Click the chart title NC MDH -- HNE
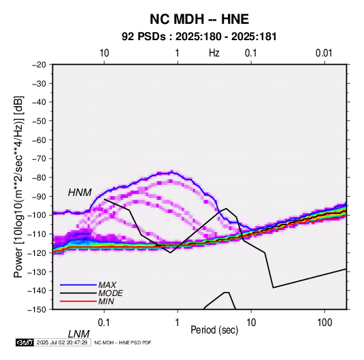(x=199, y=19)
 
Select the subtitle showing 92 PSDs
(x=199, y=37)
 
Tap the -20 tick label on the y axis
(x=39, y=65)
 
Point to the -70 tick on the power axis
(x=39, y=159)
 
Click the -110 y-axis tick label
(x=37, y=234)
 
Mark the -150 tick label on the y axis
(x=37, y=310)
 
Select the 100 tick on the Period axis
(x=325, y=323)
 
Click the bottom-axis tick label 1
(x=178, y=323)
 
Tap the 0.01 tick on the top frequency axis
(x=324, y=53)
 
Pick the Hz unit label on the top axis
(x=214, y=53)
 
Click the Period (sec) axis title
(x=214, y=330)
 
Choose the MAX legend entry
(x=107, y=285)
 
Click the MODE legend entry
(x=110, y=293)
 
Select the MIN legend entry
(x=106, y=301)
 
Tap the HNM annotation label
(x=80, y=193)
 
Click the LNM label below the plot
(x=79, y=334)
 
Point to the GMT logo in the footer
(x=25, y=342)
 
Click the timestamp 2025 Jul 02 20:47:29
(x=62, y=342)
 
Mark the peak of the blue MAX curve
(x=172, y=171)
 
